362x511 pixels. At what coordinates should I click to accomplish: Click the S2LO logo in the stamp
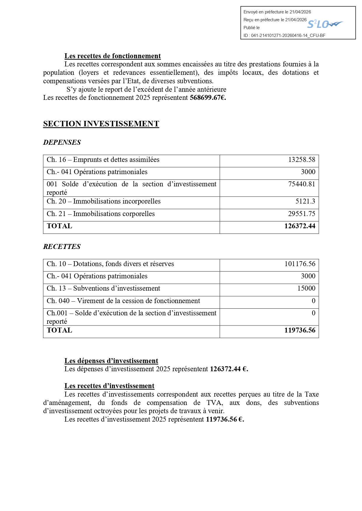pyautogui.click(x=325, y=24)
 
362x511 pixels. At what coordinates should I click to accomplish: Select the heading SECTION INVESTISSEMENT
pyautogui.click(x=101, y=124)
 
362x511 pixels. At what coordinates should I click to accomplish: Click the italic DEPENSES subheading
pyautogui.click(x=62, y=142)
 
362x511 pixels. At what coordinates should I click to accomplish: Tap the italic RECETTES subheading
pyautogui.click(x=62, y=247)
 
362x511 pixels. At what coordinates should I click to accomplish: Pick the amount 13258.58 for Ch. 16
pyautogui.click(x=302, y=160)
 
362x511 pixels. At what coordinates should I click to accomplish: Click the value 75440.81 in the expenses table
pyautogui.click(x=302, y=184)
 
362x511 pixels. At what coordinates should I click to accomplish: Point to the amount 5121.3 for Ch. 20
pyautogui.click(x=305, y=201)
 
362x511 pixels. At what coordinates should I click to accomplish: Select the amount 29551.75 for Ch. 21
pyautogui.click(x=302, y=214)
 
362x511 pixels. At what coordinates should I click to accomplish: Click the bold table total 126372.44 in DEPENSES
pyautogui.click(x=300, y=226)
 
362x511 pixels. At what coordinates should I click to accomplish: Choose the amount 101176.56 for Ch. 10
pyautogui.click(x=300, y=264)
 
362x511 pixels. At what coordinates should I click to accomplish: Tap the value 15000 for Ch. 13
pyautogui.click(x=306, y=288)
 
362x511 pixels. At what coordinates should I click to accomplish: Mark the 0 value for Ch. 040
pyautogui.click(x=314, y=301)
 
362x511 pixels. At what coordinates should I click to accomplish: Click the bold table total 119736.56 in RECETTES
pyautogui.click(x=300, y=330)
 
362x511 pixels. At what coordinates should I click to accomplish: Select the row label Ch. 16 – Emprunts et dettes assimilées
pyautogui.click(x=103, y=160)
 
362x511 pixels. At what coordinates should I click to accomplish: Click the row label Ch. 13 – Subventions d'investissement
pyautogui.click(x=103, y=288)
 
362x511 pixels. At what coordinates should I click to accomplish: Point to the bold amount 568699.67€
pyautogui.click(x=208, y=98)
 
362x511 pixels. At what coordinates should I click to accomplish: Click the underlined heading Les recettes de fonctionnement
pyautogui.click(x=113, y=56)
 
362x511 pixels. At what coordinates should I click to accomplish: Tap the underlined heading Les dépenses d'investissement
pyautogui.click(x=111, y=361)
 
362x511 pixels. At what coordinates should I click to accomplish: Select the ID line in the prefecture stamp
pyautogui.click(x=284, y=36)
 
